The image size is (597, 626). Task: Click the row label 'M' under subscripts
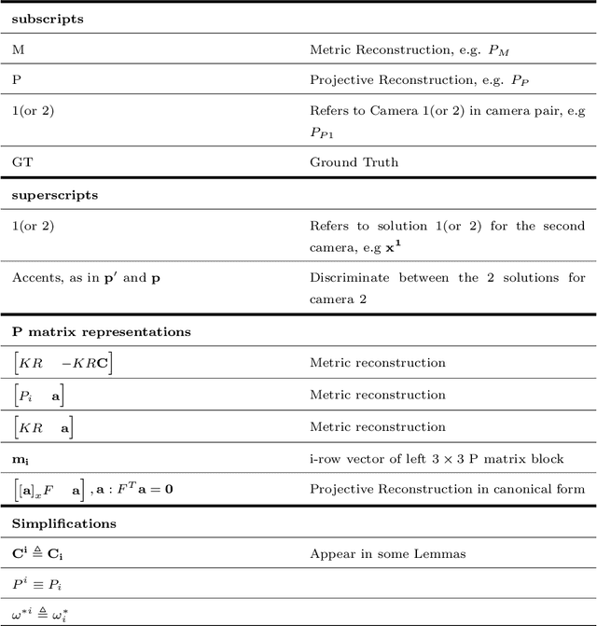18,49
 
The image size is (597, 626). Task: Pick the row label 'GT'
22,161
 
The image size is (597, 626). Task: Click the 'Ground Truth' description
354,161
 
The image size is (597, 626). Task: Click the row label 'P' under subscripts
17,80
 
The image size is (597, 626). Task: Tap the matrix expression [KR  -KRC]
62,363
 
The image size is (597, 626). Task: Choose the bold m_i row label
21,458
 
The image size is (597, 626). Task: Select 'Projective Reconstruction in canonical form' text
447,489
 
